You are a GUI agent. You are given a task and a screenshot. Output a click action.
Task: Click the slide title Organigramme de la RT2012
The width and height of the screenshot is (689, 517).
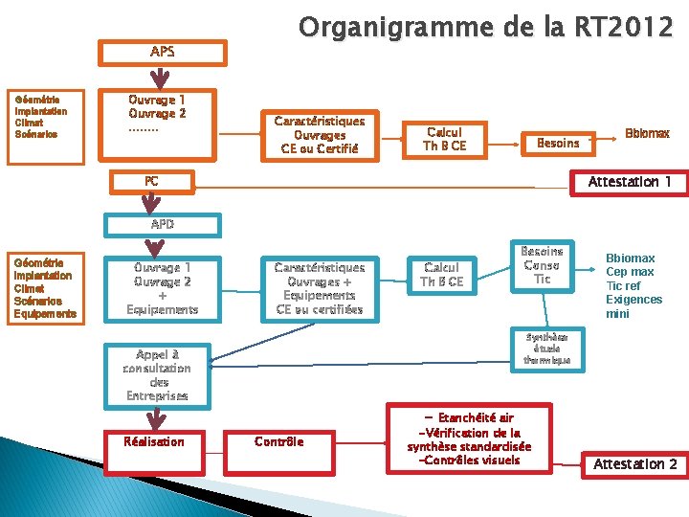tap(486, 27)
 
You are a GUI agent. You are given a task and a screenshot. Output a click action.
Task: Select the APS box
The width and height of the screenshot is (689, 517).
tap(163, 52)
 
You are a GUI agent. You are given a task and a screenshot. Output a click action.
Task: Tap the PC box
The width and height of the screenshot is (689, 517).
tap(151, 181)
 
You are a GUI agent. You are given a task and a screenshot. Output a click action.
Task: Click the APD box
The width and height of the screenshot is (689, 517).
tap(163, 224)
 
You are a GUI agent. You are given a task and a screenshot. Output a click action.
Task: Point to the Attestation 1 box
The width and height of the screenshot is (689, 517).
tap(629, 182)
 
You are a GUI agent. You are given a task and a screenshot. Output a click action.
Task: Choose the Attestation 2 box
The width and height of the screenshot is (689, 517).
tap(634, 463)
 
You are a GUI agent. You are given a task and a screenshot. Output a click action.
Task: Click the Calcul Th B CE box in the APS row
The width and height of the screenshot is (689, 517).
tap(444, 139)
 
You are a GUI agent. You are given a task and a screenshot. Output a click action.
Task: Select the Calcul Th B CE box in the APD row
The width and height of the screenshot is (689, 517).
tap(442, 275)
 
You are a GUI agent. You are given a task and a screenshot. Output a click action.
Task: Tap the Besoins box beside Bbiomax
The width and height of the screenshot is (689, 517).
tap(558, 143)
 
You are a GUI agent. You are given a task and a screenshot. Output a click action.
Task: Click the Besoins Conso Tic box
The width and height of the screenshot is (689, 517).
tap(543, 265)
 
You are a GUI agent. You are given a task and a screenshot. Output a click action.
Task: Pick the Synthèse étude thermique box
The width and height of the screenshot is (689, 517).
tap(547, 348)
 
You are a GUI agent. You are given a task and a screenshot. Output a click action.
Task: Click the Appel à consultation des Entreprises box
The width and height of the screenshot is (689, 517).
tap(156, 374)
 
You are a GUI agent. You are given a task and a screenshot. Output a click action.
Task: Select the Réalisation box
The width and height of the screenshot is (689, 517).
tap(154, 441)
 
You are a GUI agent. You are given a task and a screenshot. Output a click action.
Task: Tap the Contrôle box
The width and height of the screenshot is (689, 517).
tap(279, 441)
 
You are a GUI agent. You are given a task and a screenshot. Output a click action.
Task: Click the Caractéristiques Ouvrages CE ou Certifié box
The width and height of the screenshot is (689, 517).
tap(319, 135)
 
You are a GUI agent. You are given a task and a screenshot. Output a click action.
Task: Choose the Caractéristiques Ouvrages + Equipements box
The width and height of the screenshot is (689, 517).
tap(319, 288)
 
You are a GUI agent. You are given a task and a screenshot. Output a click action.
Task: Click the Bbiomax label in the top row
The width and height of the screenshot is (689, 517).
tap(647, 134)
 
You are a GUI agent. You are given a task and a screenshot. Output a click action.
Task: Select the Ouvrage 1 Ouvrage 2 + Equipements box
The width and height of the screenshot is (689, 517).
tap(162, 288)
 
